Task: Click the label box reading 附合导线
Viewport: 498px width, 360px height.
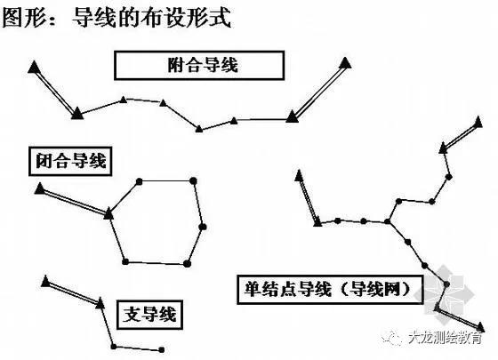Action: coord(199,66)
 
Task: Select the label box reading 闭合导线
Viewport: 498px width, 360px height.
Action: coord(70,161)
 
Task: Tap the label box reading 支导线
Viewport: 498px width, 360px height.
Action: coord(149,315)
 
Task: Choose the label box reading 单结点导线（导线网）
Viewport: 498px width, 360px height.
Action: coord(330,290)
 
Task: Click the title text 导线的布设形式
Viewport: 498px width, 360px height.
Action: coord(151,17)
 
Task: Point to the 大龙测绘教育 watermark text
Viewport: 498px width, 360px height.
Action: coord(445,338)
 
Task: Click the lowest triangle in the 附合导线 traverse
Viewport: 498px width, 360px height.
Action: coord(199,129)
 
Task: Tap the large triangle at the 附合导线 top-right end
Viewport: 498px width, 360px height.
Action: coord(345,62)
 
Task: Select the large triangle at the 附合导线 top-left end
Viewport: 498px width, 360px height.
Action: coord(34,67)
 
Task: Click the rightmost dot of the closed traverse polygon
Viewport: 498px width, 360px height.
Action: coord(204,227)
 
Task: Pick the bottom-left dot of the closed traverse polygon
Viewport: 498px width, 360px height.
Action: coord(125,261)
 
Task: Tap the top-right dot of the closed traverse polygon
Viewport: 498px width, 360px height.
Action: coord(193,181)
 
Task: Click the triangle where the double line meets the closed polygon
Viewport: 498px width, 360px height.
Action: coord(108,213)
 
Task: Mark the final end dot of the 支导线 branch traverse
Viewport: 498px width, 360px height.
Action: coord(161,350)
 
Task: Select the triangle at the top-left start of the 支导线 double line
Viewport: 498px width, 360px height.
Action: coord(45,281)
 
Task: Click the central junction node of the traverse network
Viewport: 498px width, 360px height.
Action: coord(388,221)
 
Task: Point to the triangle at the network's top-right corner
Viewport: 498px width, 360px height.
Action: coord(478,122)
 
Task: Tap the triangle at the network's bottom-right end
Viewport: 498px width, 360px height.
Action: coord(481,327)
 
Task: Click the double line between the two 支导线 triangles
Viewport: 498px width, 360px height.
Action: coord(73,292)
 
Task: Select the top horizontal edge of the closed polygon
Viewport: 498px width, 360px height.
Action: coord(165,181)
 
